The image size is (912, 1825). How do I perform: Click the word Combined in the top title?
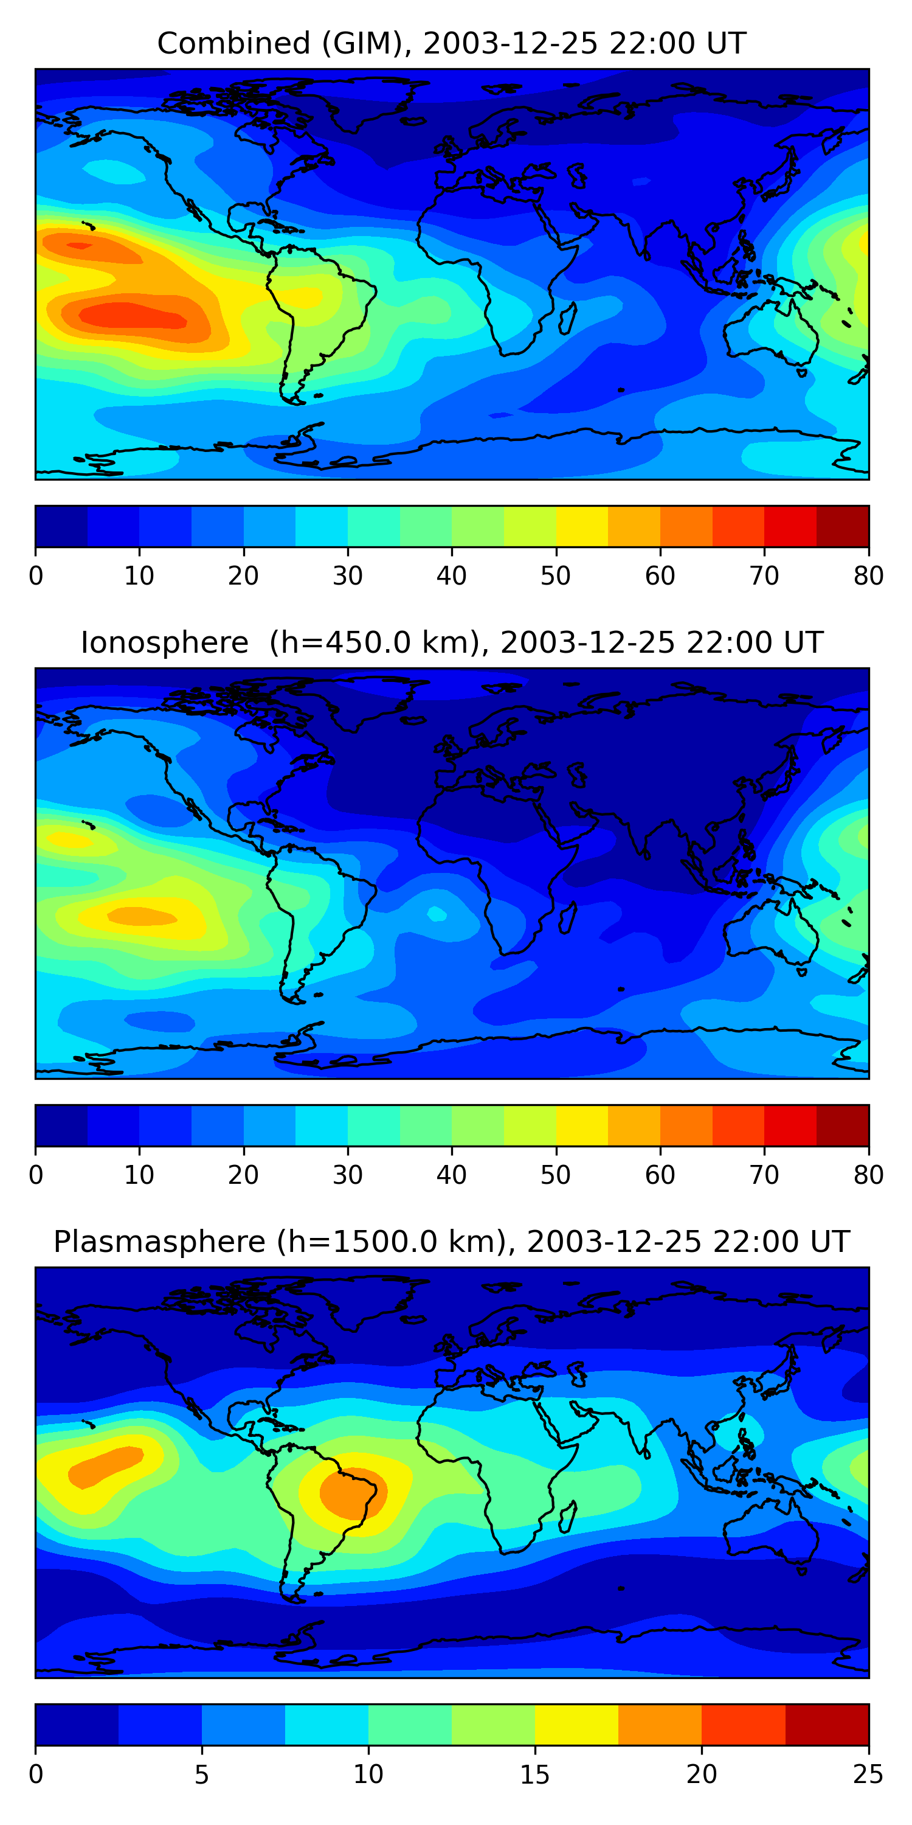[x=233, y=44]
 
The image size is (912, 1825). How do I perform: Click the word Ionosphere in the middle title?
[x=164, y=643]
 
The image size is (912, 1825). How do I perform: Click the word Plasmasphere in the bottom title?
[x=159, y=1242]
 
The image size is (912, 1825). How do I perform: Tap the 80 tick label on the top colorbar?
[x=868, y=576]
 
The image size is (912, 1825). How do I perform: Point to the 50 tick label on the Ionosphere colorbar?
[x=555, y=1175]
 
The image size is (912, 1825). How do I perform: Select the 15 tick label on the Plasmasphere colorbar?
[x=534, y=1775]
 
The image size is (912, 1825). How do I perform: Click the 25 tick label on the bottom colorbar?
[x=868, y=1775]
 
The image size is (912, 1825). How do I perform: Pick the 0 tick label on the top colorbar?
[x=36, y=576]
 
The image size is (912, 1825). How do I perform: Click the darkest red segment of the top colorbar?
[x=843, y=526]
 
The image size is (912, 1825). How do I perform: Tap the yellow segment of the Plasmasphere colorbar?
[x=576, y=1725]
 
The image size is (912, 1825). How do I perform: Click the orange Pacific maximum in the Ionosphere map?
[x=142, y=916]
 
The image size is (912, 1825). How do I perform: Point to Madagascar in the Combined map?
[x=567, y=319]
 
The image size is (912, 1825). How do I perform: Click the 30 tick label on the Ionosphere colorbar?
[x=348, y=1175]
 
